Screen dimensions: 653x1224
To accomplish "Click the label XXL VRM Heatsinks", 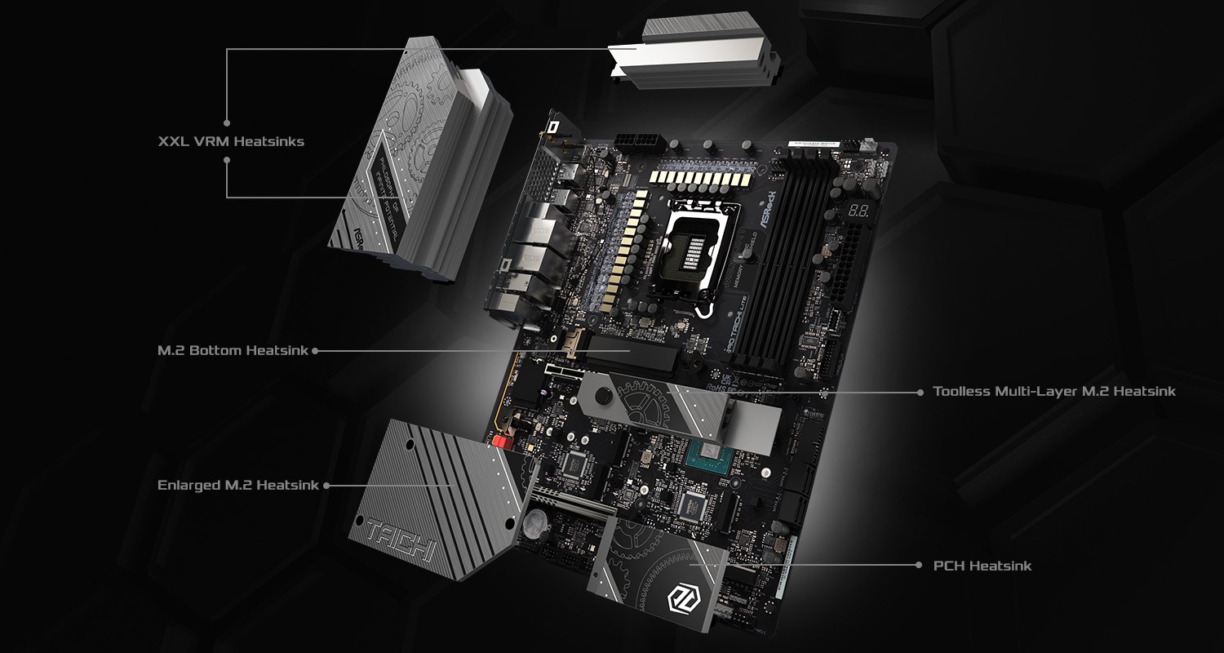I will [x=231, y=141].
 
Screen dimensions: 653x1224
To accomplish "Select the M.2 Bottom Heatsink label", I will [x=233, y=351].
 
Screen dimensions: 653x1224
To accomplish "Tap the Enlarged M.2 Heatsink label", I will [x=237, y=485].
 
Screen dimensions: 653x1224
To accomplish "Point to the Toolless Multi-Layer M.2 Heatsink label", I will [x=1054, y=392].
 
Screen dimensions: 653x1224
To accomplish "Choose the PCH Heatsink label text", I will [x=982, y=566].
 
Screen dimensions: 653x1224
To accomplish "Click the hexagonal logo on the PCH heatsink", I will [x=680, y=599].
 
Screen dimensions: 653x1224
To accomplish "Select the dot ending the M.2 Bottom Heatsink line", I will [x=315, y=351].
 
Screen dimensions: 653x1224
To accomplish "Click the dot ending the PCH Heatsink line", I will [x=920, y=565].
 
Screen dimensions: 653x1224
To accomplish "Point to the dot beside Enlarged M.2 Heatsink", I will [x=326, y=485].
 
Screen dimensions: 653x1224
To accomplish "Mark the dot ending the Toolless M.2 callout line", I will [x=920, y=392].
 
